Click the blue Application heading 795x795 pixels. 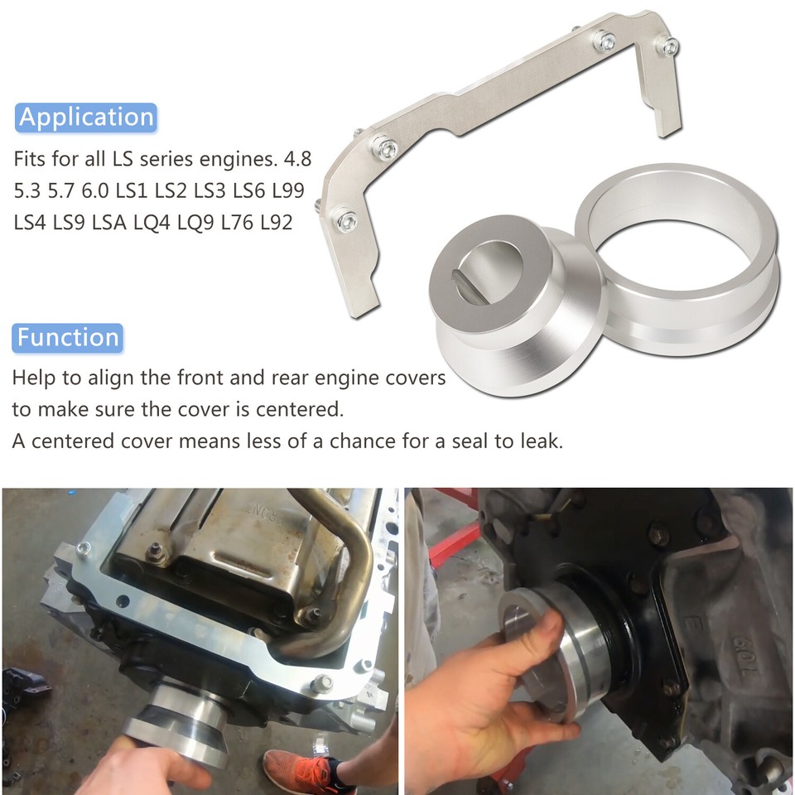[x=86, y=117]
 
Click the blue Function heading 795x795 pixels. [x=68, y=337]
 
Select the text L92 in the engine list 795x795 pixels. [x=276, y=222]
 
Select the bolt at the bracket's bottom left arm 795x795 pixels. [x=345, y=220]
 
